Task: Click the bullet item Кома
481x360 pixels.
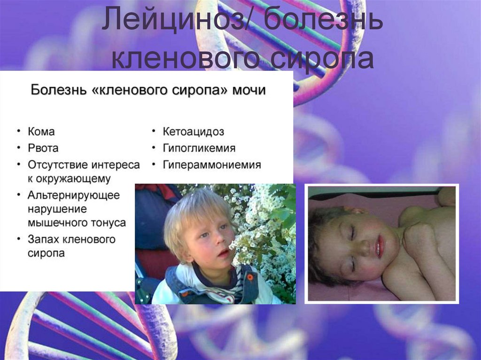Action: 41,131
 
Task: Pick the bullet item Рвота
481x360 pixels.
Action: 43,148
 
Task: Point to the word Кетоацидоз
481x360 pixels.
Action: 193,131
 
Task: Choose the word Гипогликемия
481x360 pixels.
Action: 199,148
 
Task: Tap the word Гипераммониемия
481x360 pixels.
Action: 212,165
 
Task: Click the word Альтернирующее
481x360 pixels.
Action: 74,195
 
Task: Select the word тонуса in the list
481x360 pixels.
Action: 109,222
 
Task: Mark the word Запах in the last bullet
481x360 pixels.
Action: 43,239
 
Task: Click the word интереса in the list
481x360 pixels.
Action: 111,165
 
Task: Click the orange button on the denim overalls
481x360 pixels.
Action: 250,277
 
